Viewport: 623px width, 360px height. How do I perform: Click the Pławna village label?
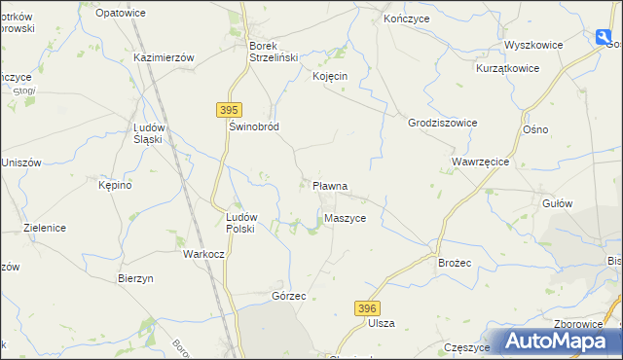331,185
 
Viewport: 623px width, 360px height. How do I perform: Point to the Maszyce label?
346,219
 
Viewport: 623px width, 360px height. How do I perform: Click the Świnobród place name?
254,127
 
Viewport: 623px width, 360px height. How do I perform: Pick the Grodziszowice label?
442,123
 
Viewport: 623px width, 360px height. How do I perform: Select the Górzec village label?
290,295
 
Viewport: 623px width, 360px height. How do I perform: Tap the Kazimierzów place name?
165,57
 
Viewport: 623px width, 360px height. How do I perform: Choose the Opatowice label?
122,13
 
